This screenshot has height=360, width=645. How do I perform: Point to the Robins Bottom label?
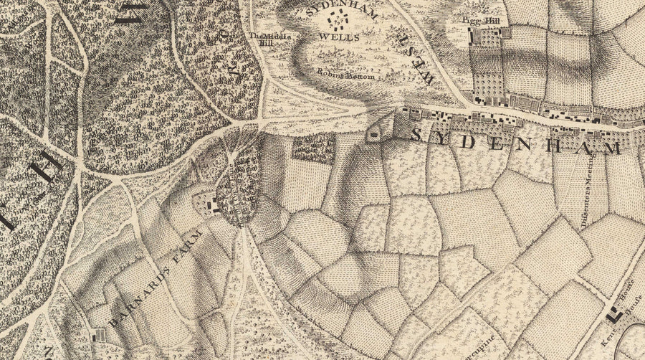point(338,72)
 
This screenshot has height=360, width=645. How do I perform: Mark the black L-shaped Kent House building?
point(613,314)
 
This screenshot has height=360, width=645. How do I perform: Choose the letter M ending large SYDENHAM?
point(611,148)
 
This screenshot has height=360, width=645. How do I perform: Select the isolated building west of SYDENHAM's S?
point(373,134)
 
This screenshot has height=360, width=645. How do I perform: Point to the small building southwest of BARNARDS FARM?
point(97,333)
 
